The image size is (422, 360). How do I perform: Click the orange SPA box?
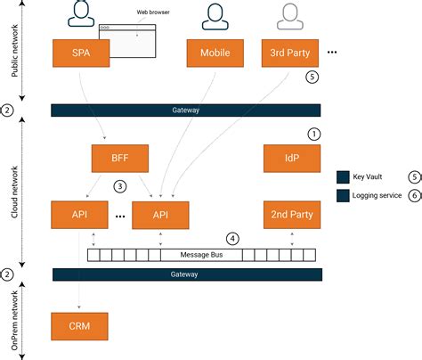tap(79, 53)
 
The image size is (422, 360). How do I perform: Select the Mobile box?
tap(214, 53)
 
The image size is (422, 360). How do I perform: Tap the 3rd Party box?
tap(290, 53)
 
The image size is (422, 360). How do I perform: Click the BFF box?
tap(119, 160)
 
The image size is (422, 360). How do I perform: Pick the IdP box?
tap(290, 160)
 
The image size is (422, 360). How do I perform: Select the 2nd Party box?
tap(290, 215)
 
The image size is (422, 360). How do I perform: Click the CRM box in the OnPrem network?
tap(79, 324)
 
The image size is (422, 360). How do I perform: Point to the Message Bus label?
tap(201, 254)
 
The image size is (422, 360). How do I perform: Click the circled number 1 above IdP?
tap(312, 134)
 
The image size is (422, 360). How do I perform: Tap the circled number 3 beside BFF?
tap(118, 187)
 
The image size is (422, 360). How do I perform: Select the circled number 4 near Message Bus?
tap(232, 238)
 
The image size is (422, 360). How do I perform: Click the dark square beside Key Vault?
tap(344, 176)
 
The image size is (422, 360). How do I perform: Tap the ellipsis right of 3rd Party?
tap(332, 53)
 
